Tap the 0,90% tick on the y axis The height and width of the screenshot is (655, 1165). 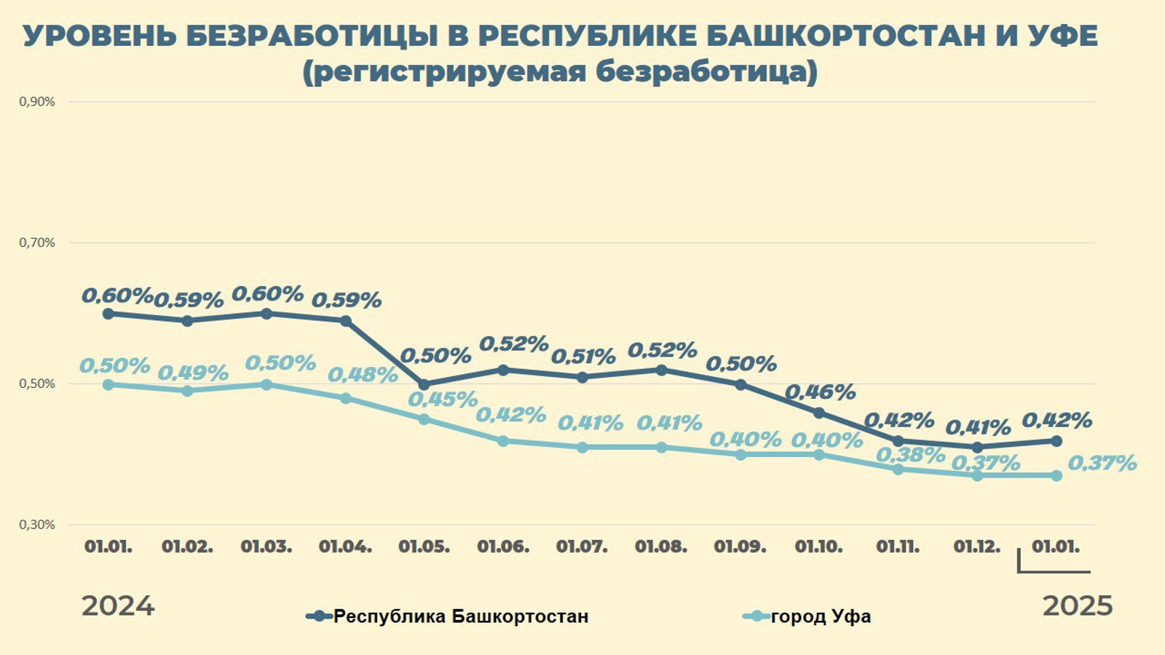tap(37, 102)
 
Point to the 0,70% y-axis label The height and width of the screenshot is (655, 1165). tap(37, 243)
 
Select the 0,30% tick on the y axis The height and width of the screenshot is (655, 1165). tap(37, 525)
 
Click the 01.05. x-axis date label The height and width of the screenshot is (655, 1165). tap(424, 547)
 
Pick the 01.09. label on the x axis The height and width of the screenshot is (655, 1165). tap(740, 547)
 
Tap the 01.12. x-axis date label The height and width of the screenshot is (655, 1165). tap(977, 547)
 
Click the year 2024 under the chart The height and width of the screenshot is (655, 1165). tap(118, 606)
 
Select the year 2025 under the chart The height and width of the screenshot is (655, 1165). tap(1078, 606)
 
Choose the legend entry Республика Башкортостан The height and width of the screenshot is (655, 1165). tap(460, 616)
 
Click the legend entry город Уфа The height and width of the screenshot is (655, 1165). tap(821, 616)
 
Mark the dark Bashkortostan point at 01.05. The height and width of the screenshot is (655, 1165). tap(424, 384)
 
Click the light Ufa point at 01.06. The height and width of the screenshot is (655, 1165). tap(503, 441)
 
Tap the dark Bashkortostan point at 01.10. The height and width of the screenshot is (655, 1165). tap(819, 413)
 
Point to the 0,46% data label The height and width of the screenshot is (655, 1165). tap(820, 392)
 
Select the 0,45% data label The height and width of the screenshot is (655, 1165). tap(443, 399)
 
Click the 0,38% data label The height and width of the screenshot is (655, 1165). tap(910, 455)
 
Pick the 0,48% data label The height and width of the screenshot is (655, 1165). tap(363, 375)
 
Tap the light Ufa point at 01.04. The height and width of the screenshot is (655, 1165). tap(345, 398)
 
